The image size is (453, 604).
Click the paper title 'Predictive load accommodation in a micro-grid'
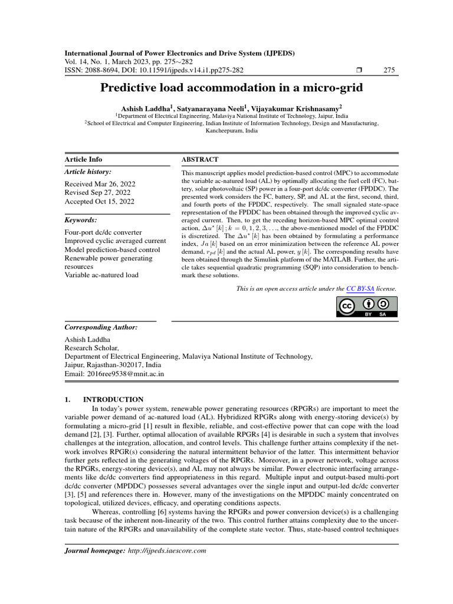(231, 88)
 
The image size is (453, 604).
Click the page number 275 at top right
(389, 71)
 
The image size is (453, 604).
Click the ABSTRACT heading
(199, 159)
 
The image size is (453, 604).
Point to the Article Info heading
(83, 159)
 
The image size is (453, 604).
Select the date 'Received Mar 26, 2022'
(100, 184)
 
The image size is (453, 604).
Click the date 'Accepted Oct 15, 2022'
(99, 201)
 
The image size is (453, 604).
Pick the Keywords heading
(81, 220)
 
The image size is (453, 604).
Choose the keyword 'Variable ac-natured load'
(102, 274)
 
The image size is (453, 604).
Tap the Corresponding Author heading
(101, 327)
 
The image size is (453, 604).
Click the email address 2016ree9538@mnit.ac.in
(114, 373)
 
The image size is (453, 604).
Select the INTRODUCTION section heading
(113, 399)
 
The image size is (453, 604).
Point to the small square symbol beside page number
(360, 71)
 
